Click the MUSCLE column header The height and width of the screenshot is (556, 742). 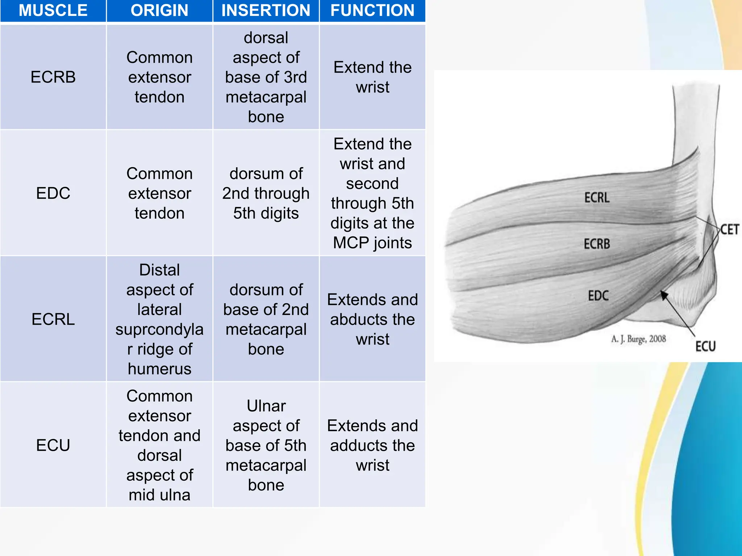coord(53,10)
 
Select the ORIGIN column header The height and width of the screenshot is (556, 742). coord(159,10)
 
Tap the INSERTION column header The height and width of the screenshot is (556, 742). coord(266,10)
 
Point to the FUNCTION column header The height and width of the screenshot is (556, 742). coord(372,10)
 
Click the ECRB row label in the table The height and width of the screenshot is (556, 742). coord(53,77)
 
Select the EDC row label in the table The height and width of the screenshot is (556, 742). coord(53,193)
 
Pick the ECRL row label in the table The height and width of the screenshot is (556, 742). coord(53,319)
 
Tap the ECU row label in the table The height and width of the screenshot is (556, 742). coord(53,445)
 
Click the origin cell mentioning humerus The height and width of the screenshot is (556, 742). coord(159,319)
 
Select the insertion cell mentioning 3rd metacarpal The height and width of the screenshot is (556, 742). coord(266,77)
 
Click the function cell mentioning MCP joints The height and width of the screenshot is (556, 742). coord(372,193)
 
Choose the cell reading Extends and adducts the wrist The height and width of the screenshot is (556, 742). coord(372,445)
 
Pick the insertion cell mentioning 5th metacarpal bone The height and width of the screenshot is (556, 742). coord(266,445)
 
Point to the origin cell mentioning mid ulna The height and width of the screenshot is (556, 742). coord(159,445)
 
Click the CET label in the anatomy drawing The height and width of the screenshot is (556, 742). coord(729,229)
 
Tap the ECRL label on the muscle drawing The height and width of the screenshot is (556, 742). coord(597,198)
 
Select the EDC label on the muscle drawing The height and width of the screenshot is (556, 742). coord(598,296)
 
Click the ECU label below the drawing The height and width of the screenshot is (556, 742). coord(705,346)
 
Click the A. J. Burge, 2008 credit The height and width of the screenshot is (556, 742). coord(638,339)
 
